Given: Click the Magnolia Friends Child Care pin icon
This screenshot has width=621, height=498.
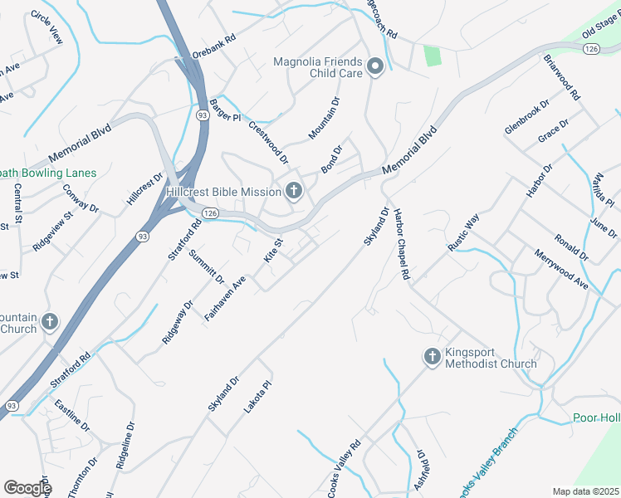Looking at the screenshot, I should coord(374,67).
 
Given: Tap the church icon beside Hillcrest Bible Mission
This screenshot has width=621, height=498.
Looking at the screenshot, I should coord(293,192).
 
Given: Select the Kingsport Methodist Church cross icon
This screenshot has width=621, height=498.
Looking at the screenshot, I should coord(432,357).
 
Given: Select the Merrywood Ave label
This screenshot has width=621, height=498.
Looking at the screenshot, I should coord(561,270).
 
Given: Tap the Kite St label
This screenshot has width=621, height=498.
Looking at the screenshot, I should coord(273,250).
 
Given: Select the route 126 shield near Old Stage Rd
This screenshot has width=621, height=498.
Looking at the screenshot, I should coord(590,50).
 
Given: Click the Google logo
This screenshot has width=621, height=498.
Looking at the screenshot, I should coord(27,488).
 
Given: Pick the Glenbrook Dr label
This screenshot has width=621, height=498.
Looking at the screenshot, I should coord(527,118).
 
